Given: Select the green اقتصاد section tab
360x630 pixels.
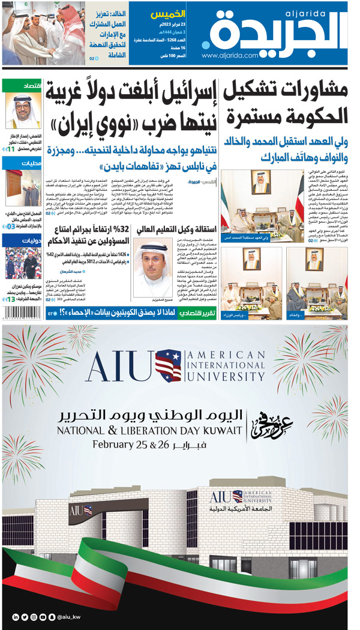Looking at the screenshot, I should pos(22,85).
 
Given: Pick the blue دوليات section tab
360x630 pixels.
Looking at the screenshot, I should pos(22,241).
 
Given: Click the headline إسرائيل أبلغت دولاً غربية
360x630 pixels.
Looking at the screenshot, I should pos(130,95).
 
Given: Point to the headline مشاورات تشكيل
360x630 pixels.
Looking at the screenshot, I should pos(286,92).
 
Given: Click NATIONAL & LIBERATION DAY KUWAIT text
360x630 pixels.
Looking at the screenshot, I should pos(150,431).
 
